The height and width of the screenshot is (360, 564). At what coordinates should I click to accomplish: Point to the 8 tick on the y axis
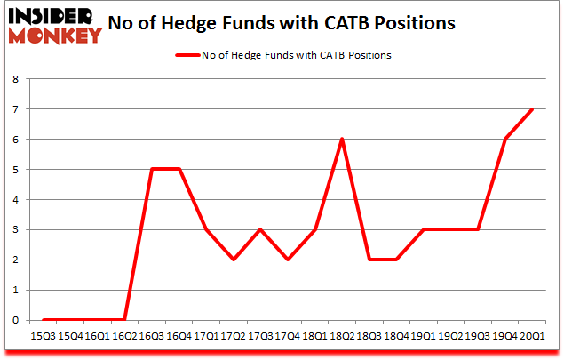click(x=16, y=79)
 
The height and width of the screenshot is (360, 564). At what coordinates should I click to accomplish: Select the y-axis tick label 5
click(x=16, y=169)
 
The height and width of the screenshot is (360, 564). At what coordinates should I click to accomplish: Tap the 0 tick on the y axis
click(x=16, y=320)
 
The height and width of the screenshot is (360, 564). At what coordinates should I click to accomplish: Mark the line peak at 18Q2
click(x=341, y=139)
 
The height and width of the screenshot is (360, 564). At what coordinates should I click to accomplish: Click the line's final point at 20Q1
click(x=531, y=109)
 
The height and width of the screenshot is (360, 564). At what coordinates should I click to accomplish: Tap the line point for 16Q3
click(x=152, y=169)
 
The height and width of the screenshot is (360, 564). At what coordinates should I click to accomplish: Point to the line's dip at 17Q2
click(x=234, y=260)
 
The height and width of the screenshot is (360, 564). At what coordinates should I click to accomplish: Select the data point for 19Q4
click(x=504, y=139)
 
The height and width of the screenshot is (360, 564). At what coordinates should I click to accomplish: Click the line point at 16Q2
click(x=125, y=320)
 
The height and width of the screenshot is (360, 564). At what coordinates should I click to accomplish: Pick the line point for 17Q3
click(x=260, y=229)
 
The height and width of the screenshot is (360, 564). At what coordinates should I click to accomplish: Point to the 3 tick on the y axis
click(x=16, y=229)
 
